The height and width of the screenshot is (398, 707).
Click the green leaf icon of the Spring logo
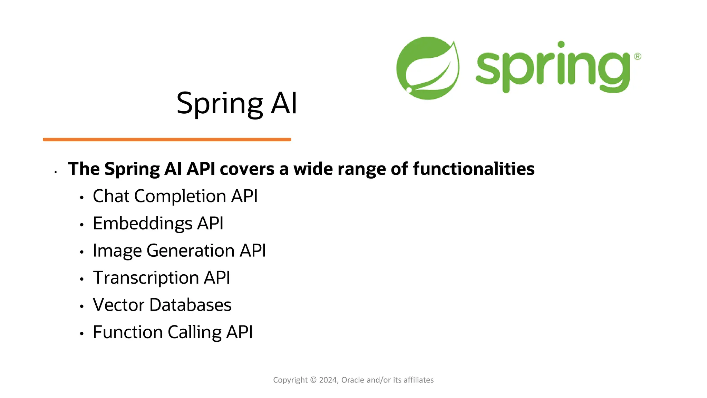[x=427, y=68]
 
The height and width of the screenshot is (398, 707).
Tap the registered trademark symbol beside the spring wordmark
[x=637, y=56]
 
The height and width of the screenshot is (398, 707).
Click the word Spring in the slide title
[x=220, y=103]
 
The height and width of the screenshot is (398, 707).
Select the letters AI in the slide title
[x=284, y=103]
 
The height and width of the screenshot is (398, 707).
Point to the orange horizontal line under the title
[x=167, y=140]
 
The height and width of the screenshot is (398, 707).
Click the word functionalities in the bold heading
[x=473, y=169]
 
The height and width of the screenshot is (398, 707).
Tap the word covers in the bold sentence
[x=247, y=169]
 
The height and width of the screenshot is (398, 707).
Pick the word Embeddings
[x=142, y=224]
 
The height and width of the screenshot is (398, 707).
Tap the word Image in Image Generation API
[x=117, y=251]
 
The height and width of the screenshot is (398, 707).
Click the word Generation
[x=191, y=251]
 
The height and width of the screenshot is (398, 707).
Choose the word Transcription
[x=146, y=278]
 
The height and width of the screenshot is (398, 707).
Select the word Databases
[x=190, y=305]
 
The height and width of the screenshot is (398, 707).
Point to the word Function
[x=128, y=332]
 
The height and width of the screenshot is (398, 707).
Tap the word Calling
[x=194, y=332]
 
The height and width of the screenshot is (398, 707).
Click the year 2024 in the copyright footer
[x=328, y=380]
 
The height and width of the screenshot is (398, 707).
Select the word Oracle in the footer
[x=352, y=380]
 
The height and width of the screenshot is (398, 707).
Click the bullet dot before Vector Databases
[x=82, y=306]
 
